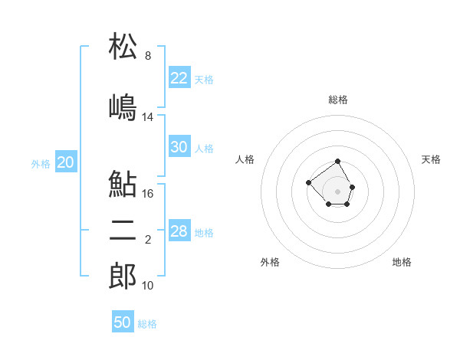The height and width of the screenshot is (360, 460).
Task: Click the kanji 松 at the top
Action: [x=123, y=46]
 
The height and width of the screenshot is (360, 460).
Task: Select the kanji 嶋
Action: [x=123, y=107]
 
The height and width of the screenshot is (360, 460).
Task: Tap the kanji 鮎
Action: [x=123, y=184]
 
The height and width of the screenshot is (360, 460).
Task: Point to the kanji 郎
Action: [x=123, y=276]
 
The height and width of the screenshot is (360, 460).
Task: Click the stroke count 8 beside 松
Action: [x=148, y=55]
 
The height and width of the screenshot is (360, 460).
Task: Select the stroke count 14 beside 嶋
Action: [x=147, y=117]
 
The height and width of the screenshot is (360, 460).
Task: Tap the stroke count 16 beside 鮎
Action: [x=147, y=194]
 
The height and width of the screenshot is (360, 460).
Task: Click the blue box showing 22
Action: [x=179, y=77]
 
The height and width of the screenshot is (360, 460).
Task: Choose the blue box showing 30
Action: [x=179, y=146]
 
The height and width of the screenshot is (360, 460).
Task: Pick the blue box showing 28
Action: [x=179, y=230]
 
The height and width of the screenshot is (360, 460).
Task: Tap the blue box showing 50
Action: [x=123, y=321]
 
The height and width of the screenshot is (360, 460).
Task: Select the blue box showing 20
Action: [x=66, y=162]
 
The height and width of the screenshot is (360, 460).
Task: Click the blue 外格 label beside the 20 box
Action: [x=41, y=164]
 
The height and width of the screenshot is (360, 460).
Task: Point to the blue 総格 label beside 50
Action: [x=147, y=324]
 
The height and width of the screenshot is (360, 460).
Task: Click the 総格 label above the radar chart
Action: [x=338, y=100]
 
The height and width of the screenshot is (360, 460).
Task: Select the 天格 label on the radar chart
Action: [x=431, y=159]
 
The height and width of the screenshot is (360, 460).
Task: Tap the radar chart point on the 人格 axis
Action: [x=308, y=182]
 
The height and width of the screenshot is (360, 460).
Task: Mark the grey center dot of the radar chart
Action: [x=337, y=191]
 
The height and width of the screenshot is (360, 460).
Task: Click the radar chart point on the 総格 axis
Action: [x=337, y=162]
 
